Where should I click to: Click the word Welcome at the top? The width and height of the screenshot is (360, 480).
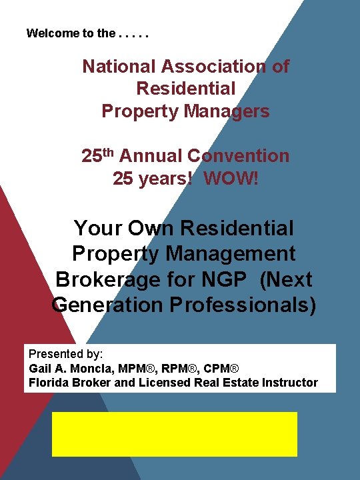point(48,33)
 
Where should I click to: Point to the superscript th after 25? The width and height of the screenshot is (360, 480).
point(109,152)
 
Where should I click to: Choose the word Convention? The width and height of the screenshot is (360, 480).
point(239,156)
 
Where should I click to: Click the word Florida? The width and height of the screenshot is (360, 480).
point(47,383)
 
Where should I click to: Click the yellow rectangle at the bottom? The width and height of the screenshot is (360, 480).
point(175,434)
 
